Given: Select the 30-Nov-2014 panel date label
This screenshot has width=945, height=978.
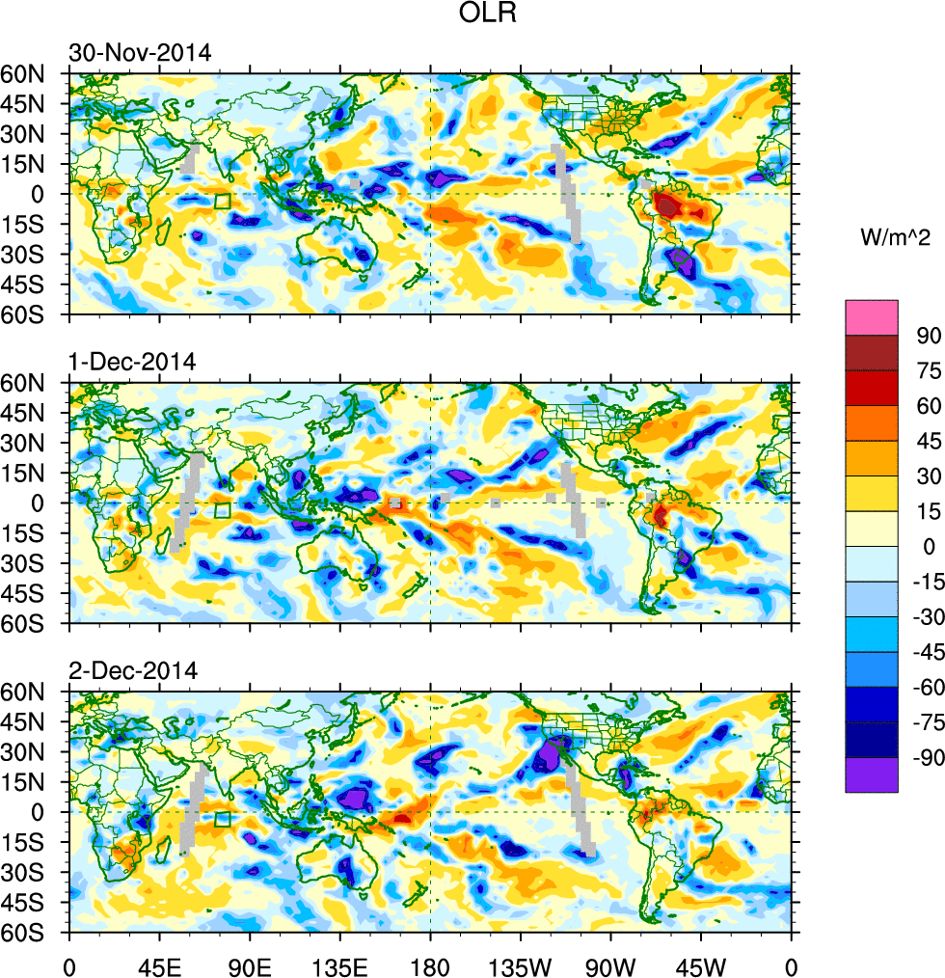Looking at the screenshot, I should (x=139, y=53).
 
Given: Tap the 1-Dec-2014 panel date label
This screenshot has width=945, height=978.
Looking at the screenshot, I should (x=132, y=363).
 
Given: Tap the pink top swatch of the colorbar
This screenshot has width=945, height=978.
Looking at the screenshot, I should (x=872, y=317).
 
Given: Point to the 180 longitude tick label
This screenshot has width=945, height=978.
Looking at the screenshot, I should (x=430, y=964).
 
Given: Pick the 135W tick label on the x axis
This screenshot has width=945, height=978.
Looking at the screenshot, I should (x=521, y=964).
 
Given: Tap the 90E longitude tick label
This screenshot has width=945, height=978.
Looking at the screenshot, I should (x=250, y=964).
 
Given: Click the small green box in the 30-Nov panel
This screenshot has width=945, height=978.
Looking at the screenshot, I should (x=223, y=202).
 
